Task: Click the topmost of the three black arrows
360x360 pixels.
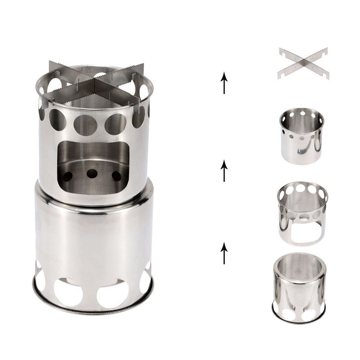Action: coord(224,82)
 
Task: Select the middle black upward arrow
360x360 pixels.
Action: coord(224,171)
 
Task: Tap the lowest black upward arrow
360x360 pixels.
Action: coord(224,253)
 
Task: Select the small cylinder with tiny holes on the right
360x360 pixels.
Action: coord(302,137)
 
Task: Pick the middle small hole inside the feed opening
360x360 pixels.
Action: coord(91,173)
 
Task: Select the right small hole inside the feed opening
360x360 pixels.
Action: coord(116,176)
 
